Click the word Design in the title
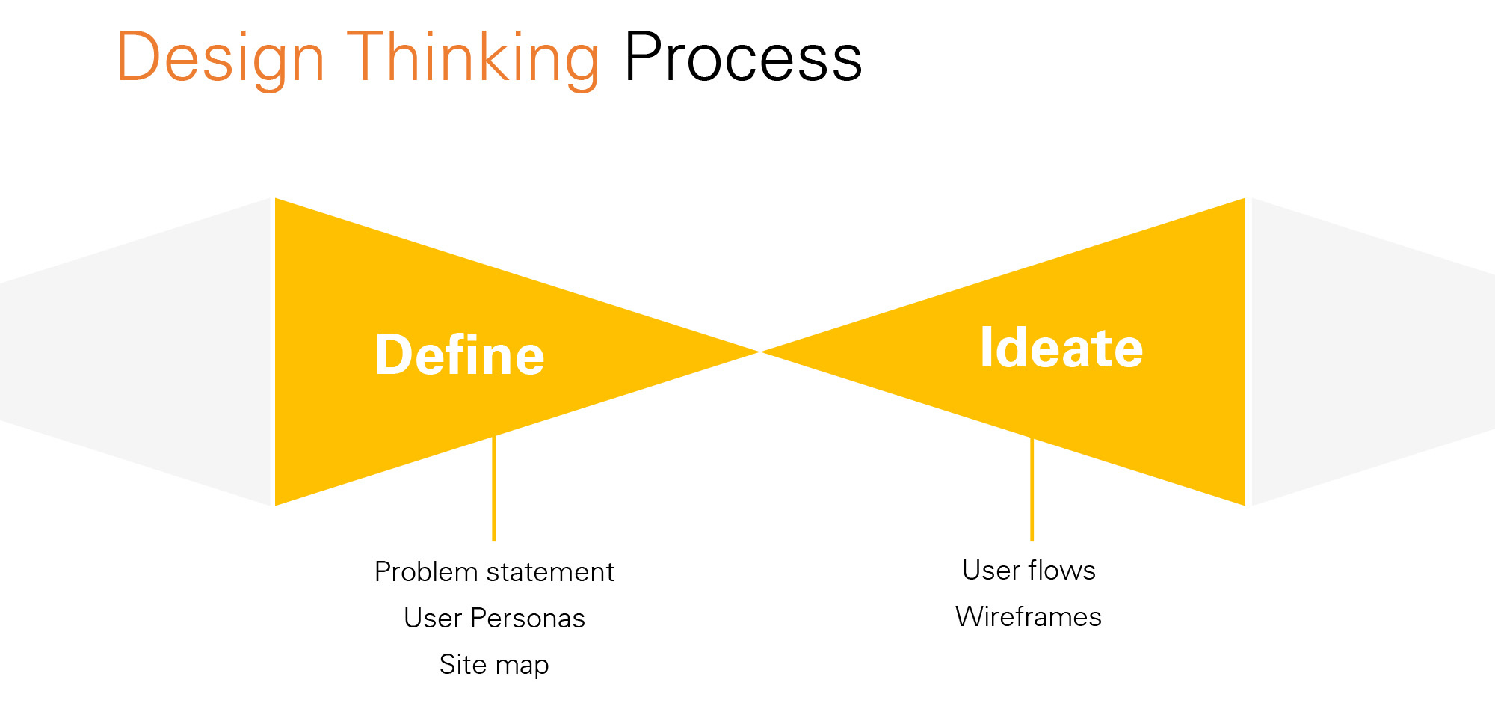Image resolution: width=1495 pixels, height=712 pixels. click(221, 58)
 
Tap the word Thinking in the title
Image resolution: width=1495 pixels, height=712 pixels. click(472, 58)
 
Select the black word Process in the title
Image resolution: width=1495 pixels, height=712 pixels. click(743, 58)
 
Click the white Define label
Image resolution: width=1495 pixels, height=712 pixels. click(460, 355)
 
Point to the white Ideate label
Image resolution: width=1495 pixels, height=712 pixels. click(1061, 348)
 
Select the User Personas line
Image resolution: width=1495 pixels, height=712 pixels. click(494, 619)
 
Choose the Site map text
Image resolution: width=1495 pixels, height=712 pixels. click(494, 665)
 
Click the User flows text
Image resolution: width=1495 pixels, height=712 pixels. click(1029, 571)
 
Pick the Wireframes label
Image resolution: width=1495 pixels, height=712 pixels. click(1029, 617)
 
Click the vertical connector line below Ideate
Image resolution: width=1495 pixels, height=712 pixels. click(1032, 490)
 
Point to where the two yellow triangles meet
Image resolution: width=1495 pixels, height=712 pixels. click(759, 352)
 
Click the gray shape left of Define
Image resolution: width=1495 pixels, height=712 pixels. click(135, 352)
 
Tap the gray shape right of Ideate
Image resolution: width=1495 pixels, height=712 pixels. click(1368, 352)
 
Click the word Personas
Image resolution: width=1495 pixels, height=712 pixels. click(528, 619)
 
